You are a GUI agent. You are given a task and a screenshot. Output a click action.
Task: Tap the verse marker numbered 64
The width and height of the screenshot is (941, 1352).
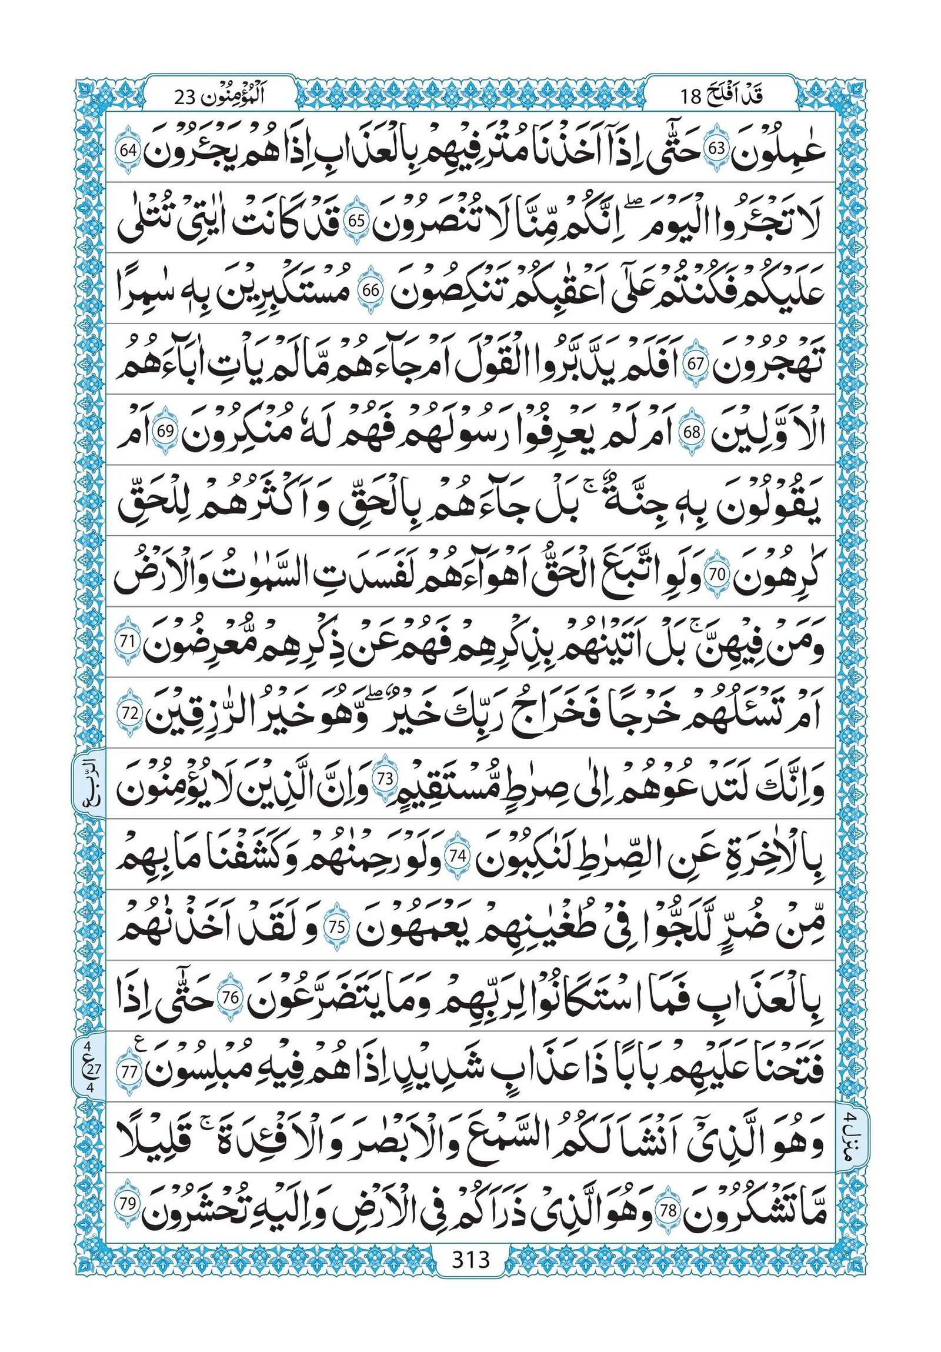pyautogui.click(x=128, y=149)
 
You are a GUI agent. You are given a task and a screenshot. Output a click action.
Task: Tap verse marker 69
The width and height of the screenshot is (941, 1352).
pyautogui.click(x=163, y=433)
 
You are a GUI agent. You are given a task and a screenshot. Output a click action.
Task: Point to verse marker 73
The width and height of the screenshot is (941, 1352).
pyautogui.click(x=385, y=780)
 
